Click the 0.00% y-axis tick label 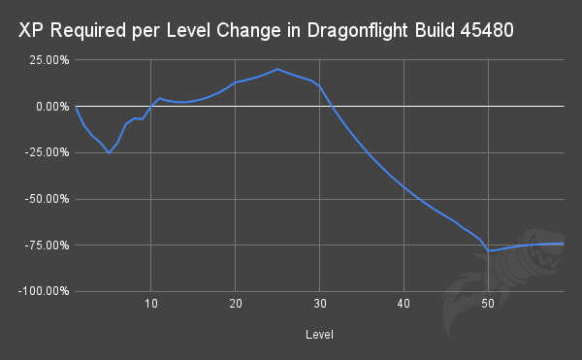pos(48,106)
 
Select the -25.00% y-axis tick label pos(44,152)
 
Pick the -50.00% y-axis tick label pos(44,199)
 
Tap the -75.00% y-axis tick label pos(44,245)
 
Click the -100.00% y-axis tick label pos(41,291)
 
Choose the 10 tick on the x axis pos(151,304)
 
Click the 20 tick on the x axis pos(236,304)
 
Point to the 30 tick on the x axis pos(320,304)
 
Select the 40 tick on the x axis pos(404,304)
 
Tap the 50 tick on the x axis pos(489,304)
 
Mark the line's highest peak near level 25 pos(277,69)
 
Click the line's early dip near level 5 pos(109,153)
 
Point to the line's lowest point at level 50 pos(489,250)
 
